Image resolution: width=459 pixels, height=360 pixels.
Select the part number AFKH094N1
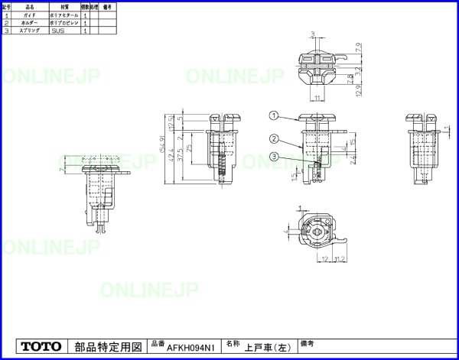[x=191, y=348]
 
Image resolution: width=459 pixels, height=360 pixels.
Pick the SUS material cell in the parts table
[x=57, y=31]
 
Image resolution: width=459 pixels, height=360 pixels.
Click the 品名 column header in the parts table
[x=29, y=6]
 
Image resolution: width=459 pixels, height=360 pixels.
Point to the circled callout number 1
[x=272, y=116]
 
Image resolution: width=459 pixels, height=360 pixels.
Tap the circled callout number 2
[x=272, y=138]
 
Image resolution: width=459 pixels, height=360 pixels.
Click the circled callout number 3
[x=272, y=157]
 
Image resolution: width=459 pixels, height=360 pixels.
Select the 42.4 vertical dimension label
[x=171, y=154]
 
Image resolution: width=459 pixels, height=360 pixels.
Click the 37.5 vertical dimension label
[x=179, y=155]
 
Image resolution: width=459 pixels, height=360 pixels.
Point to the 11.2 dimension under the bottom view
[x=340, y=260]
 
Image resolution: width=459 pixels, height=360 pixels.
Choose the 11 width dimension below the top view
[x=315, y=99]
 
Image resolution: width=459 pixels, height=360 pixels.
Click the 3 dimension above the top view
[x=314, y=34]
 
